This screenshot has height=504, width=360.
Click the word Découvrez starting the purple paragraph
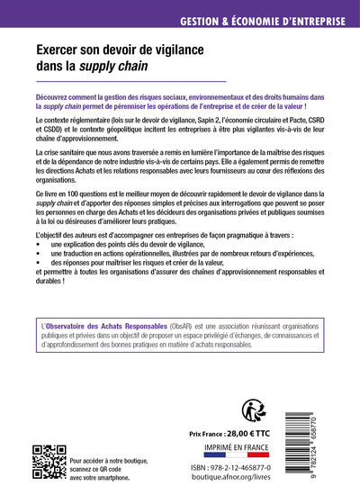coord(58,95)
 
